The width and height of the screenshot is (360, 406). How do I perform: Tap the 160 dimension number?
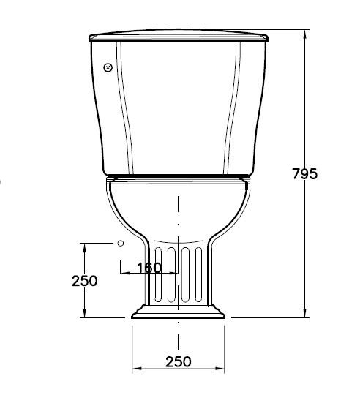[x=149, y=268]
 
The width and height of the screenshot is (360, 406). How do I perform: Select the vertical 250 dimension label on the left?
[x=85, y=280]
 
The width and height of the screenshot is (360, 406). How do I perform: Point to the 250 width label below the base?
[x=178, y=361]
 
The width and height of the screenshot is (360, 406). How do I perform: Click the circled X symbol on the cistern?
[x=108, y=68]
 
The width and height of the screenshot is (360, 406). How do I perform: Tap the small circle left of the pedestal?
[x=121, y=242]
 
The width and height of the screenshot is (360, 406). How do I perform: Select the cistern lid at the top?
[x=178, y=35]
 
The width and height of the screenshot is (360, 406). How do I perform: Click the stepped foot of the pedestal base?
[x=178, y=312]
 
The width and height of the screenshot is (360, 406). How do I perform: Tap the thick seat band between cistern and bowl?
[x=178, y=176]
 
